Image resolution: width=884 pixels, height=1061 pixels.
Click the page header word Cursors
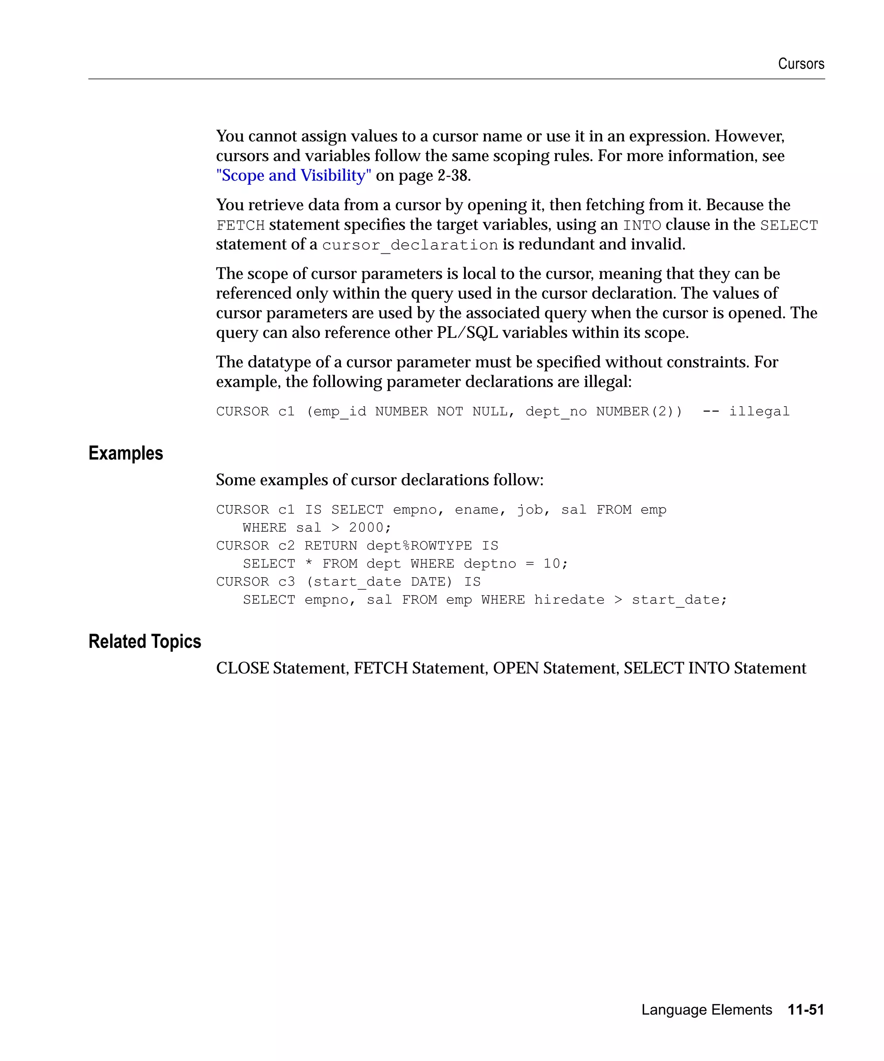pos(801,64)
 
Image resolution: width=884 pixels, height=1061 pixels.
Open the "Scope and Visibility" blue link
pos(294,175)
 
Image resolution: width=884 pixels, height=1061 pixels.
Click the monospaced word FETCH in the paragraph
pos(240,225)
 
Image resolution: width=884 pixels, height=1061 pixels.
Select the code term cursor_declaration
pos(410,245)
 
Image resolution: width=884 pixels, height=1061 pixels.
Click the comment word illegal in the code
pos(759,411)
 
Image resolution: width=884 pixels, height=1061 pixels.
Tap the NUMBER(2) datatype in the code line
pos(638,411)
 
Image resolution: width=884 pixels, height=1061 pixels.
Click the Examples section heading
pos(126,453)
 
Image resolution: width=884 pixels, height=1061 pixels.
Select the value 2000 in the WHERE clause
pos(366,527)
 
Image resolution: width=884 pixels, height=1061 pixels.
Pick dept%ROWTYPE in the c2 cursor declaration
pos(419,546)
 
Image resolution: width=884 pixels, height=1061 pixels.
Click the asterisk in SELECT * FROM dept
pos(309,564)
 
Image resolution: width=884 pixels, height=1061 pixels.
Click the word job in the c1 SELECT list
pos(529,510)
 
